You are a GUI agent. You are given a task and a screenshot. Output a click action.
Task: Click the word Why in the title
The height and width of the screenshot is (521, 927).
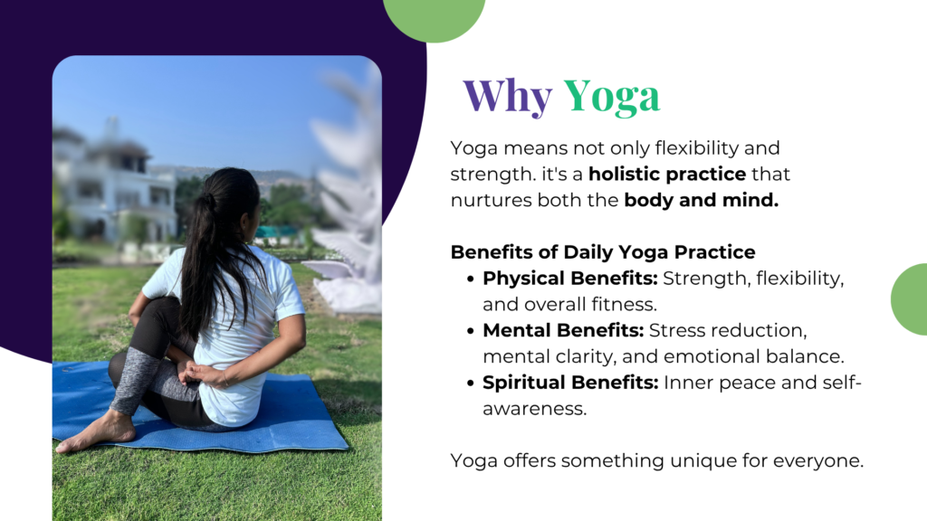point(507,96)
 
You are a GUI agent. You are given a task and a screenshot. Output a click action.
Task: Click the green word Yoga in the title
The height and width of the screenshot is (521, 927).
point(611,96)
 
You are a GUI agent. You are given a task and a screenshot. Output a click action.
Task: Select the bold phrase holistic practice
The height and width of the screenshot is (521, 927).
point(667,174)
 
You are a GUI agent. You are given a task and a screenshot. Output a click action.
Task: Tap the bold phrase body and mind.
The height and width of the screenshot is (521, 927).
point(702,200)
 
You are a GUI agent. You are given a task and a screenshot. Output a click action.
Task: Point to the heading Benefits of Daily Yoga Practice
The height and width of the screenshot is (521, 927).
point(602,252)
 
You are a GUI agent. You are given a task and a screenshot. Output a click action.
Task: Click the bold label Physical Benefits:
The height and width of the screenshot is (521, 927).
point(570,279)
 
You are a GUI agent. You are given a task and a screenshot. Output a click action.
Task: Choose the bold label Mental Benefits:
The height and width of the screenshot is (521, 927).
point(563,330)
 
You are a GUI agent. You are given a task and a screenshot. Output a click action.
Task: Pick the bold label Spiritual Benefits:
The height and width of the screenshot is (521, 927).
point(570,383)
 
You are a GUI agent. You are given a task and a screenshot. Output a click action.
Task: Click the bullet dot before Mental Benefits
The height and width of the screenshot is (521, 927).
point(471,331)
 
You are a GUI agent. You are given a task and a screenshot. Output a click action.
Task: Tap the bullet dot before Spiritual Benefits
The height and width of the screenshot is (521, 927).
point(471,384)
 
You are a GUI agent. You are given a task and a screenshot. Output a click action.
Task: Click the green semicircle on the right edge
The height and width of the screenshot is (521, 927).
point(909,299)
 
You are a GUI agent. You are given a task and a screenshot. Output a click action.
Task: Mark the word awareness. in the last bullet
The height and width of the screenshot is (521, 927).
point(534,409)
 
